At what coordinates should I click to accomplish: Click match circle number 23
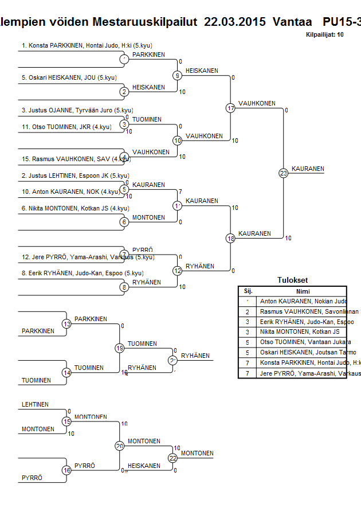click(x=283, y=173)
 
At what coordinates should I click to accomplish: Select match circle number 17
click(x=230, y=108)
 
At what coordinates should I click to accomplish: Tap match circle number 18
click(x=230, y=238)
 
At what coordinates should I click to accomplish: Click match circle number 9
click(x=178, y=75)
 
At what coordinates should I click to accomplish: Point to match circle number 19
click(x=120, y=348)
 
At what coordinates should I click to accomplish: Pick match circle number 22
click(x=172, y=458)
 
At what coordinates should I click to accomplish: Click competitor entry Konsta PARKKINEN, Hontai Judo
click(x=87, y=45)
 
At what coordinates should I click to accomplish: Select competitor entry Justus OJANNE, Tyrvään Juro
click(x=77, y=110)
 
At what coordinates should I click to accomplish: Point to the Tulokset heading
click(x=292, y=280)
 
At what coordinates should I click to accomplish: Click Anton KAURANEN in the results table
click(x=303, y=301)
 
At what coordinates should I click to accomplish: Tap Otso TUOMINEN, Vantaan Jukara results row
click(x=305, y=342)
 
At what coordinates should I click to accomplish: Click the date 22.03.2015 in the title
click(x=235, y=22)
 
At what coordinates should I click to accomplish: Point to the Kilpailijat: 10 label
click(x=325, y=35)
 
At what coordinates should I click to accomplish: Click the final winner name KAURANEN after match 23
click(x=308, y=169)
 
